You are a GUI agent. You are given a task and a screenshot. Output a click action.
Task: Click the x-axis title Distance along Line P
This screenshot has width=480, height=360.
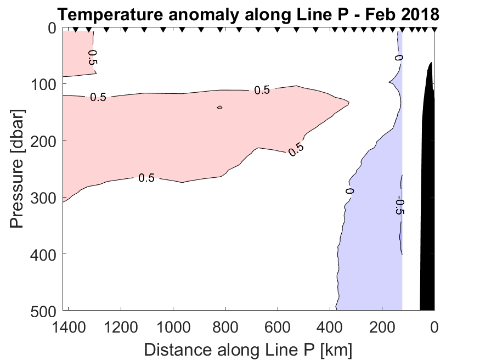click(x=248, y=350)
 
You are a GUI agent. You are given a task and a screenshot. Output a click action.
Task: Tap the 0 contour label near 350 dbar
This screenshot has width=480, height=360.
click(x=350, y=191)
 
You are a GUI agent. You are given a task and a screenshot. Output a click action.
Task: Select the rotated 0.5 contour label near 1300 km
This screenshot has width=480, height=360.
click(x=92, y=58)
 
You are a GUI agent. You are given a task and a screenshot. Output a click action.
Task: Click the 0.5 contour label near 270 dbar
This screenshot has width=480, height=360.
click(x=146, y=178)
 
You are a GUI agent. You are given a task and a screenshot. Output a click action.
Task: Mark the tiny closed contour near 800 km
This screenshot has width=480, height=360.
click(x=219, y=107)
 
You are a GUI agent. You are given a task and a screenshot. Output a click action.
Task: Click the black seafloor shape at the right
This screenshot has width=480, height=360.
click(x=427, y=192)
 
